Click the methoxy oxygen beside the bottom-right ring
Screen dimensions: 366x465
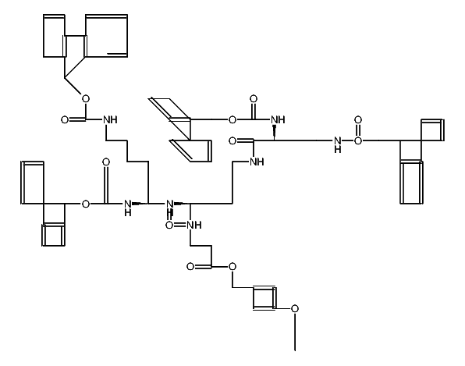(295, 308)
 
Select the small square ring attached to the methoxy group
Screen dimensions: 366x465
(263, 299)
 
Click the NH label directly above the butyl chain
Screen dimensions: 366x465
(110, 119)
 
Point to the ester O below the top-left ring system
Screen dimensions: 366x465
(85, 99)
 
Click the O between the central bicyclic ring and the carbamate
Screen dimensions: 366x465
(231, 119)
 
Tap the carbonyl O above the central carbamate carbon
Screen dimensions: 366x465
(253, 99)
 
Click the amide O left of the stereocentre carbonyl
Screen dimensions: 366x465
(232, 141)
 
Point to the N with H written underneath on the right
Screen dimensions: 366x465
(337, 143)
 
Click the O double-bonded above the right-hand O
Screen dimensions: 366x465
(358, 120)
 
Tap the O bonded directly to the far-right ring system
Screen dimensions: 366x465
(358, 141)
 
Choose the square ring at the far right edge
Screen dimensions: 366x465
(431, 130)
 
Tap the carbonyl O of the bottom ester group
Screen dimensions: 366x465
(190, 267)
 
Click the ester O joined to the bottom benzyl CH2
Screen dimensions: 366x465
(232, 267)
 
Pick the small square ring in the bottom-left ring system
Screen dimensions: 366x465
(54, 235)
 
